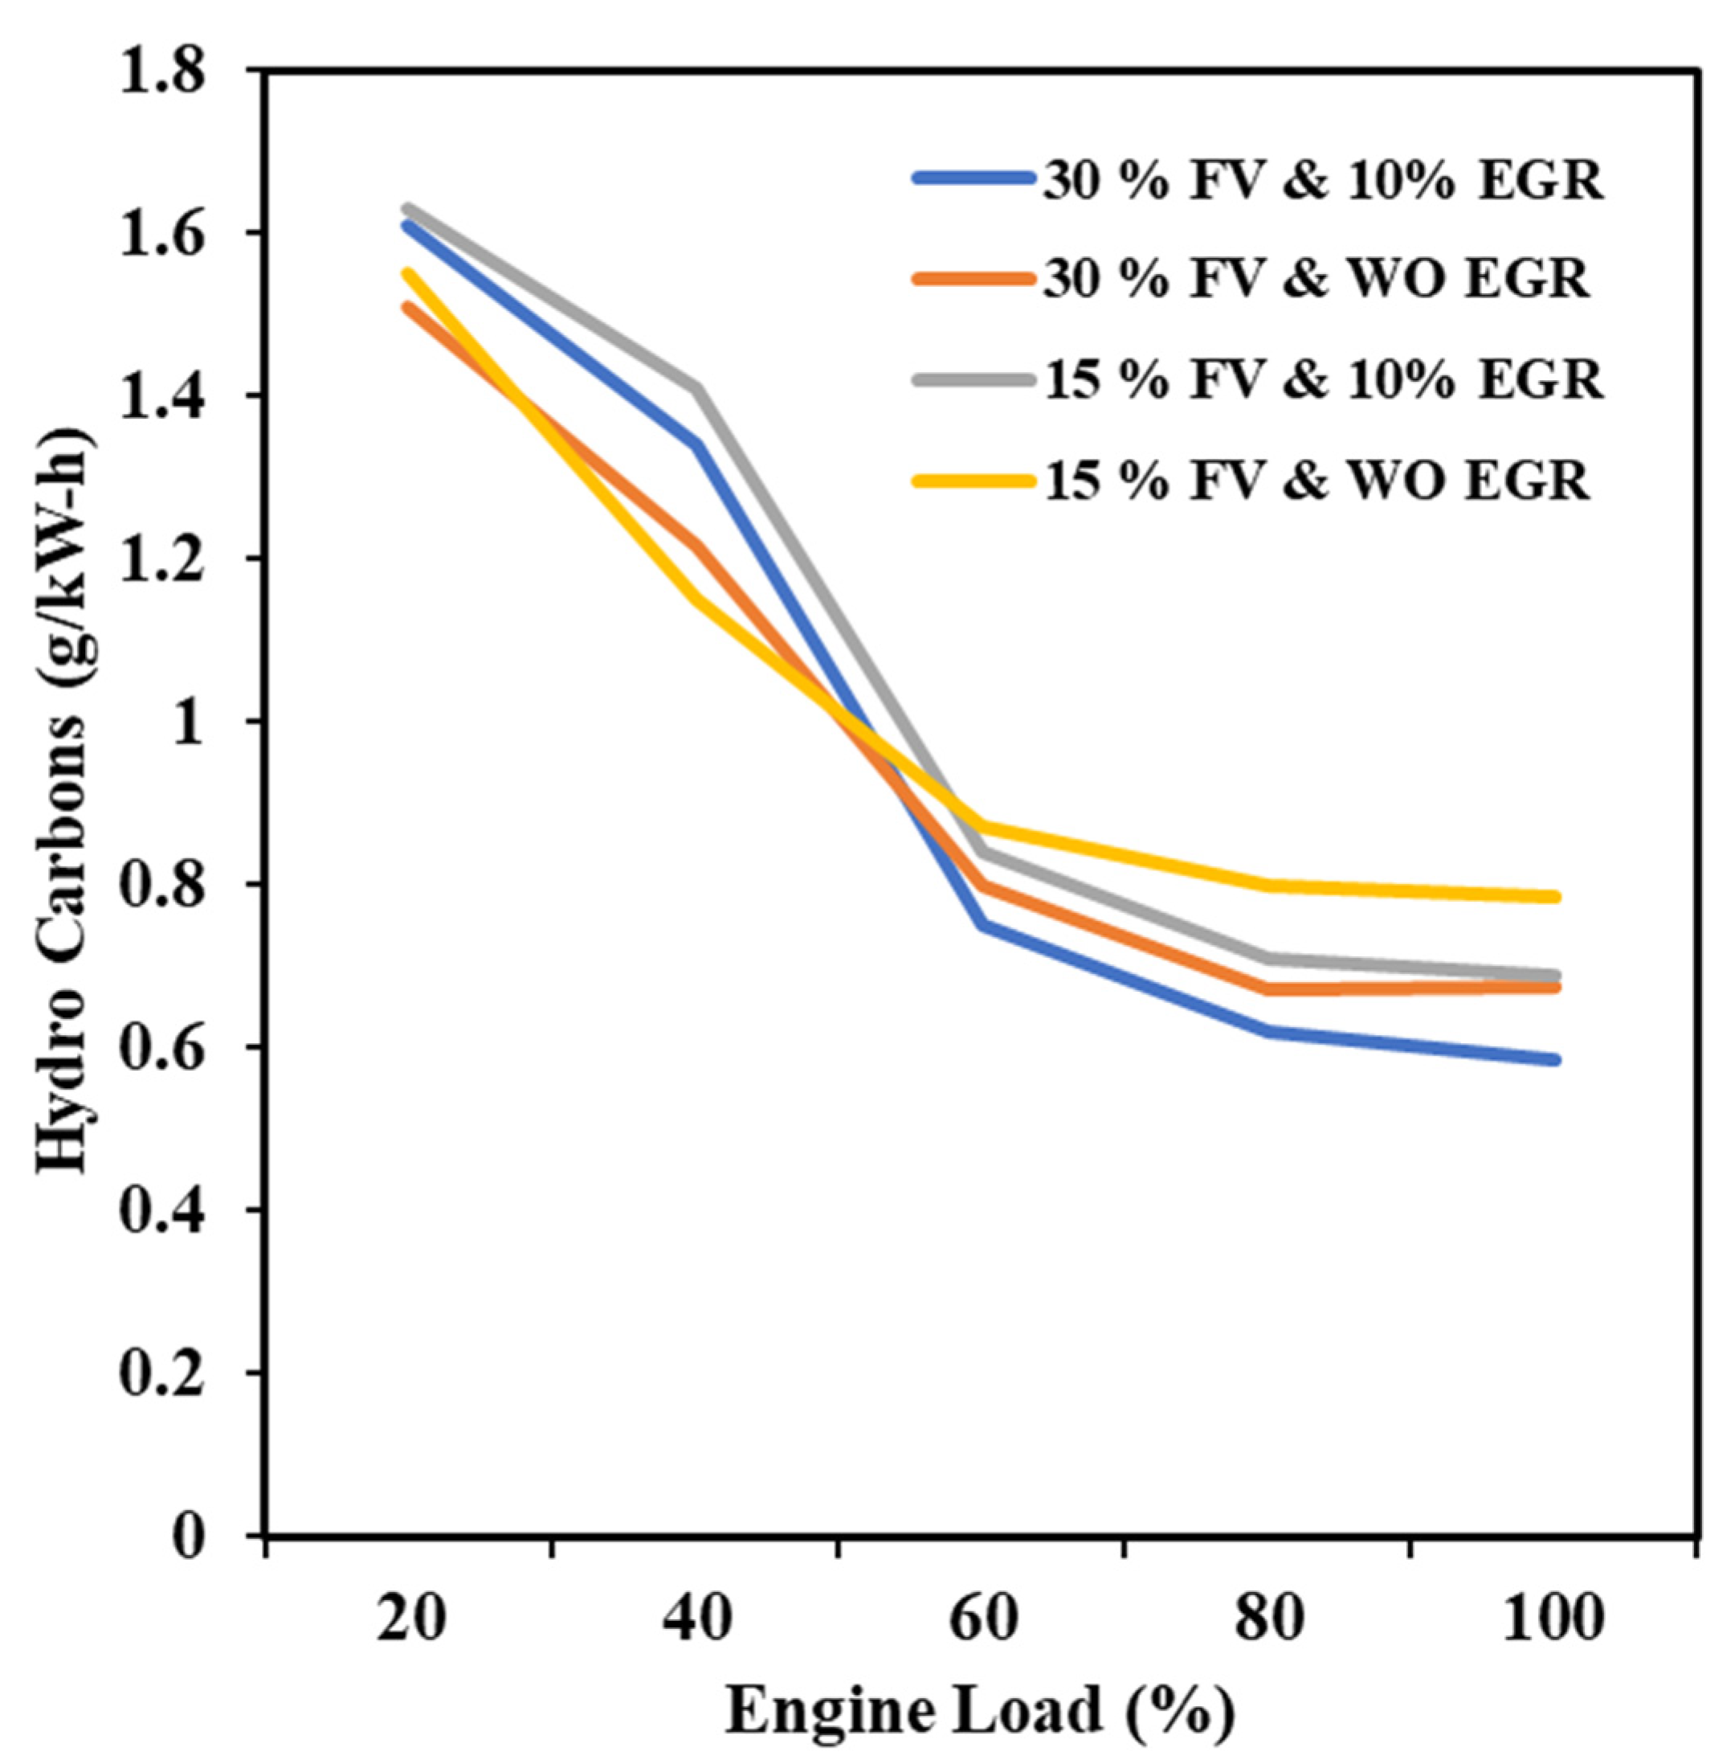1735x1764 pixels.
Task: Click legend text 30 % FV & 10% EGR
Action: pos(1322,182)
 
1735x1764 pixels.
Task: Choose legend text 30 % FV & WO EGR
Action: pos(1315,279)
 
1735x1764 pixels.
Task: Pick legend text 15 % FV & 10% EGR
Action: pos(1322,379)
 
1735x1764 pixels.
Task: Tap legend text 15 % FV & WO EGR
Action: pos(1315,480)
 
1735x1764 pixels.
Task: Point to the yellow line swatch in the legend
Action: pos(974,480)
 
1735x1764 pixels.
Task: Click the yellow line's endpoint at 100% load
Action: pos(1554,897)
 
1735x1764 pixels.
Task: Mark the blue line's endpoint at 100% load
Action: pos(1554,1059)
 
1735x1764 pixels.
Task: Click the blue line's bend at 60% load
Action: pos(983,924)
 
